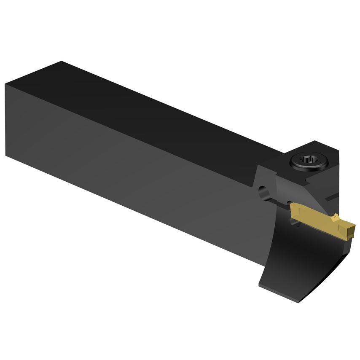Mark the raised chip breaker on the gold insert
[336, 218]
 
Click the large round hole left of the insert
[264, 193]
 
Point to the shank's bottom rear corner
[6, 156]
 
